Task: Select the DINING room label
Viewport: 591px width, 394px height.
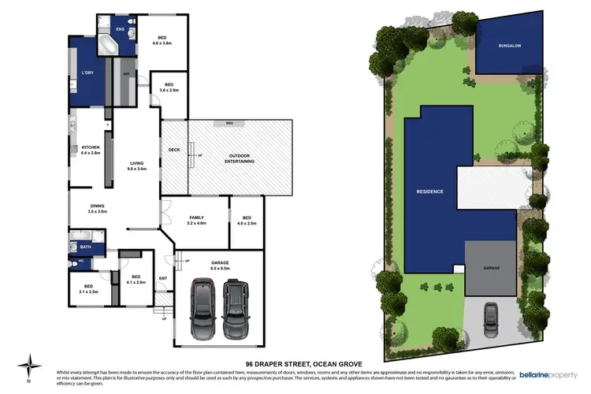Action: click(x=97, y=209)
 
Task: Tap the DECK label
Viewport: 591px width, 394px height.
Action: click(x=174, y=150)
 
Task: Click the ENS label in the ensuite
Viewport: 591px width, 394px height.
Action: click(x=121, y=30)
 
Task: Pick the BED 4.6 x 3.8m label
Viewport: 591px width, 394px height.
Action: click(x=162, y=40)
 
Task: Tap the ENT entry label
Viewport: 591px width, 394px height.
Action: click(x=164, y=278)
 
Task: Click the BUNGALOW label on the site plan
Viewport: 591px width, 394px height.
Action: click(x=508, y=46)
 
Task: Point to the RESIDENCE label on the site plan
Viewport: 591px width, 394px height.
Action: click(x=430, y=191)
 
